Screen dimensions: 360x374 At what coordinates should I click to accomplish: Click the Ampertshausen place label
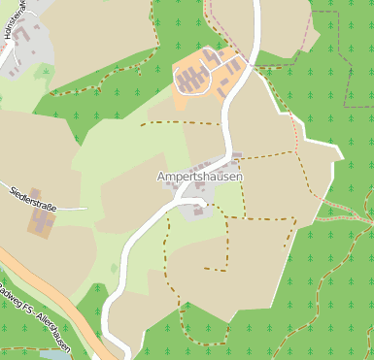coord(199,178)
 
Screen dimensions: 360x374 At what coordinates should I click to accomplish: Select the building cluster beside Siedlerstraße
coord(43,224)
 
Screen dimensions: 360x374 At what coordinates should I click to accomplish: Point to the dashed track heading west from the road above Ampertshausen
coord(180,123)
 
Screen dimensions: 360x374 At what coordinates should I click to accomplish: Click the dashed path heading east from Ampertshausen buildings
coord(267,155)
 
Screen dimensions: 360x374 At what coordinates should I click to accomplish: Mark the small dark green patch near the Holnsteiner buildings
coord(43,72)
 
